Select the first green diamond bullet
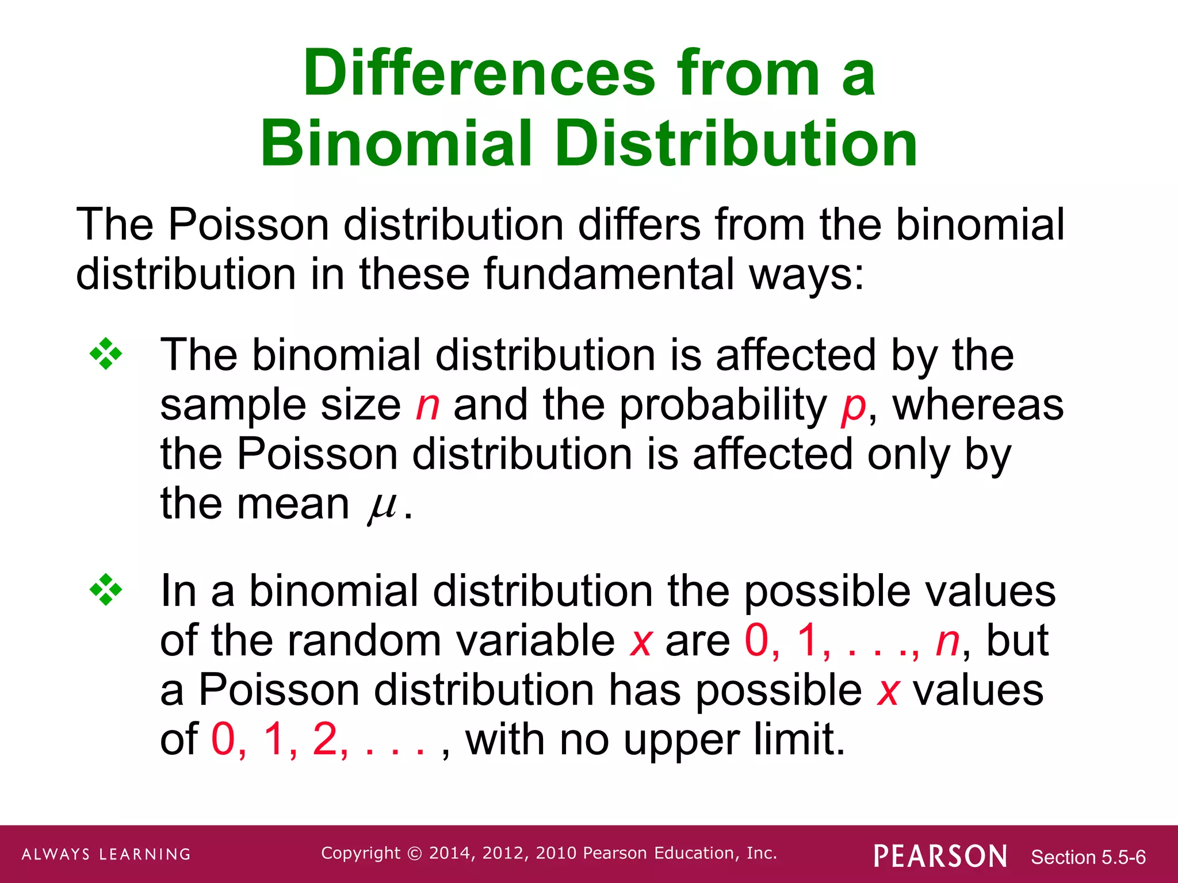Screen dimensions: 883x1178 pyautogui.click(x=106, y=354)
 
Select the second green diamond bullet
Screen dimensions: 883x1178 pyautogui.click(x=106, y=590)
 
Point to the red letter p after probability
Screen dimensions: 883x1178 pyautogui.click(x=853, y=407)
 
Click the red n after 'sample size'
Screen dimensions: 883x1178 pyautogui.click(x=427, y=405)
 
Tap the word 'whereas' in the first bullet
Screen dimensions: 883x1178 pyautogui.click(x=978, y=405)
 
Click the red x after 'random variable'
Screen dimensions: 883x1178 pyautogui.click(x=641, y=642)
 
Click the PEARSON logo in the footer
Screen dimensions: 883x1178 pyautogui.click(x=940, y=856)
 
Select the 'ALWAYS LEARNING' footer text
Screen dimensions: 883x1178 pyautogui.click(x=106, y=854)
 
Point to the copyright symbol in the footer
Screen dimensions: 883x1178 pyautogui.click(x=414, y=853)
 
